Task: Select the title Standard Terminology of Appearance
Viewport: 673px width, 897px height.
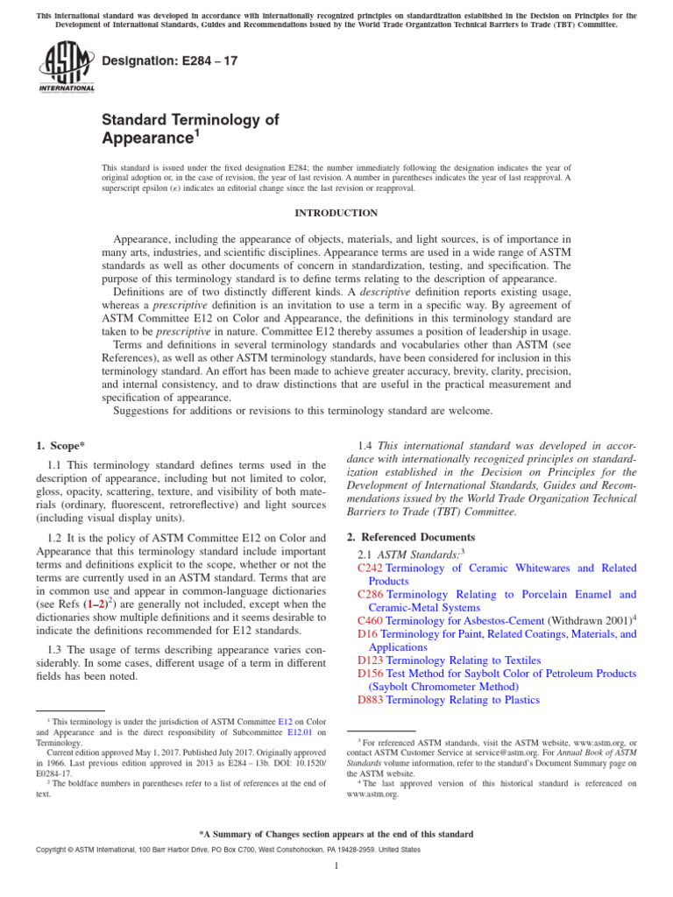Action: pyautogui.click(x=190, y=129)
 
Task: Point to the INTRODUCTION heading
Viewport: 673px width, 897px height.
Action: pyautogui.click(x=336, y=213)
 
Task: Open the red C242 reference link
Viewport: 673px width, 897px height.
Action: pyautogui.click(x=371, y=569)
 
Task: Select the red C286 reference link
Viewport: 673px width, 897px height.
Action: pyautogui.click(x=371, y=595)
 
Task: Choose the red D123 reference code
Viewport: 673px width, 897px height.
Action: pyautogui.click(x=371, y=660)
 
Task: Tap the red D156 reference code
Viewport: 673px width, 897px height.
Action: pyautogui.click(x=371, y=674)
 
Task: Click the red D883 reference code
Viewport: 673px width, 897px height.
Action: pyautogui.click(x=371, y=700)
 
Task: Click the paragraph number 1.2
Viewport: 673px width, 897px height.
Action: pyautogui.click(x=53, y=536)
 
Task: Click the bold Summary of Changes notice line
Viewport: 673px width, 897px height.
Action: pyautogui.click(x=336, y=834)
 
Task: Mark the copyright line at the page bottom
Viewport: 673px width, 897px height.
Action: pyautogui.click(x=215, y=851)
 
